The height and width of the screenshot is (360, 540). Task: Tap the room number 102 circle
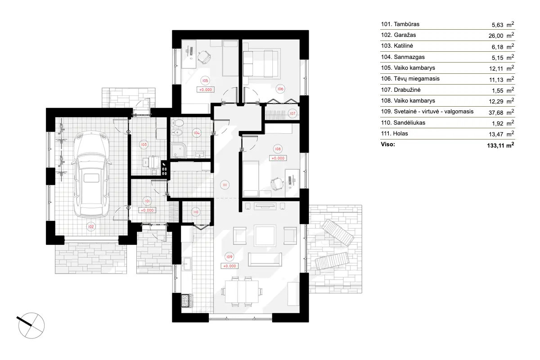point(91,226)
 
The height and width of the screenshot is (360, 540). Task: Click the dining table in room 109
point(243,291)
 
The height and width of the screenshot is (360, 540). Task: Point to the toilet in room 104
point(178,124)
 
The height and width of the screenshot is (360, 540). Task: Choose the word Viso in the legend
point(388,144)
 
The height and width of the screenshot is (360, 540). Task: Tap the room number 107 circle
point(292,113)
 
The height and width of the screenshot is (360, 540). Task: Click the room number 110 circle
point(196,212)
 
